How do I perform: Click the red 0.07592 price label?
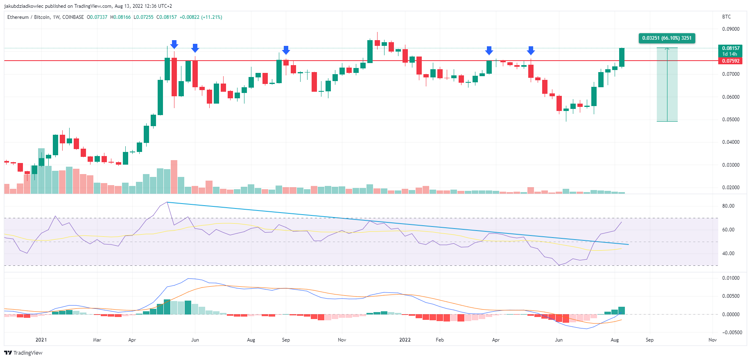point(731,61)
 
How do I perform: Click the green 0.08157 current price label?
point(731,48)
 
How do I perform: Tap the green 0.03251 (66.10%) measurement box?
point(667,38)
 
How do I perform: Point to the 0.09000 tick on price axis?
point(731,29)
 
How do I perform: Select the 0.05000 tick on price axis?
point(731,120)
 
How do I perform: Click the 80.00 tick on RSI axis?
point(728,206)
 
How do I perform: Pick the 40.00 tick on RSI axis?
point(728,254)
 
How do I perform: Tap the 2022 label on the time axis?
point(405,340)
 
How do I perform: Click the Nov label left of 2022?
point(342,340)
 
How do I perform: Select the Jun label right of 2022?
point(559,340)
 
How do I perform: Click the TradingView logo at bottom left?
point(23,353)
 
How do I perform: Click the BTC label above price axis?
point(726,17)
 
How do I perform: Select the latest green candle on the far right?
point(622,57)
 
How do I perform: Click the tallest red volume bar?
point(174,177)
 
